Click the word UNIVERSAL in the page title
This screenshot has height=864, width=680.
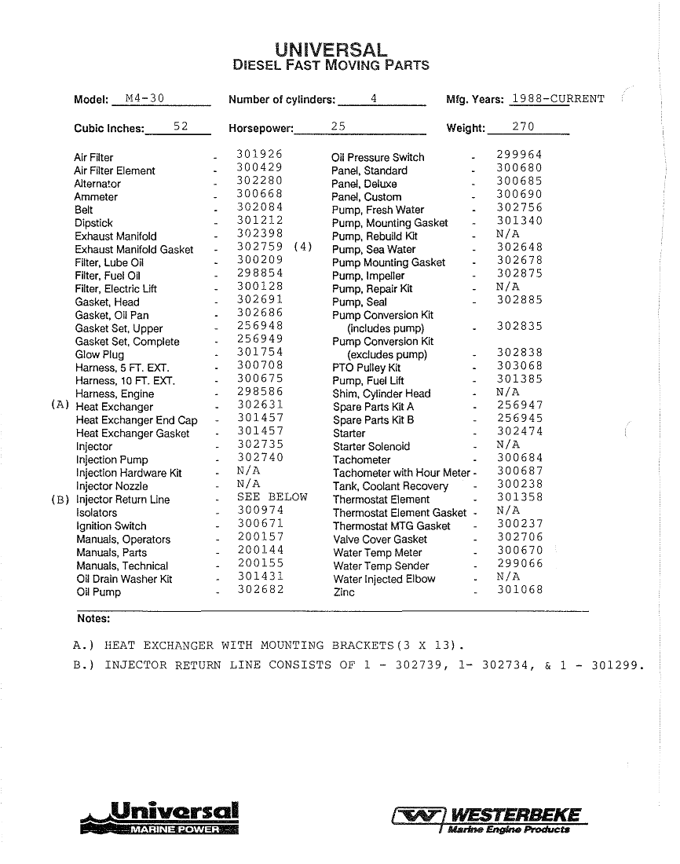pos(331,49)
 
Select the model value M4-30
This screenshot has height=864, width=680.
pos(144,99)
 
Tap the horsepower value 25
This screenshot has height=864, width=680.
pos(338,126)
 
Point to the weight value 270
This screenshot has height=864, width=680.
pos(524,126)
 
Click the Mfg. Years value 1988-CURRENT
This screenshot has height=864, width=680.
pos(558,99)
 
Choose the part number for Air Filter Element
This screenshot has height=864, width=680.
pos(259,168)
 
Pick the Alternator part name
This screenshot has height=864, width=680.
pos(97,184)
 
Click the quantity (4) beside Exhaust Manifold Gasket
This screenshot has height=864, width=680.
pos(302,247)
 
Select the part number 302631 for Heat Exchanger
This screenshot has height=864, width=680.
pos(260,405)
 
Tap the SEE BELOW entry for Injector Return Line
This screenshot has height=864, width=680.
pos(272,498)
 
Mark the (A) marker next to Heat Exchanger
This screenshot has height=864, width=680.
pos(60,405)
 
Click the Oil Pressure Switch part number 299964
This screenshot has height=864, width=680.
pos(519,155)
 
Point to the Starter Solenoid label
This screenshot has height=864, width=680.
pos(371,446)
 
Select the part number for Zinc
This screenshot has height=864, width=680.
pos(519,591)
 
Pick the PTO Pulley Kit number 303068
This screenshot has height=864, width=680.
pos(519,366)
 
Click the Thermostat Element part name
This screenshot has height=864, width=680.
pos(381,500)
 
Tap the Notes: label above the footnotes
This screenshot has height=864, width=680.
pos(93,619)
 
